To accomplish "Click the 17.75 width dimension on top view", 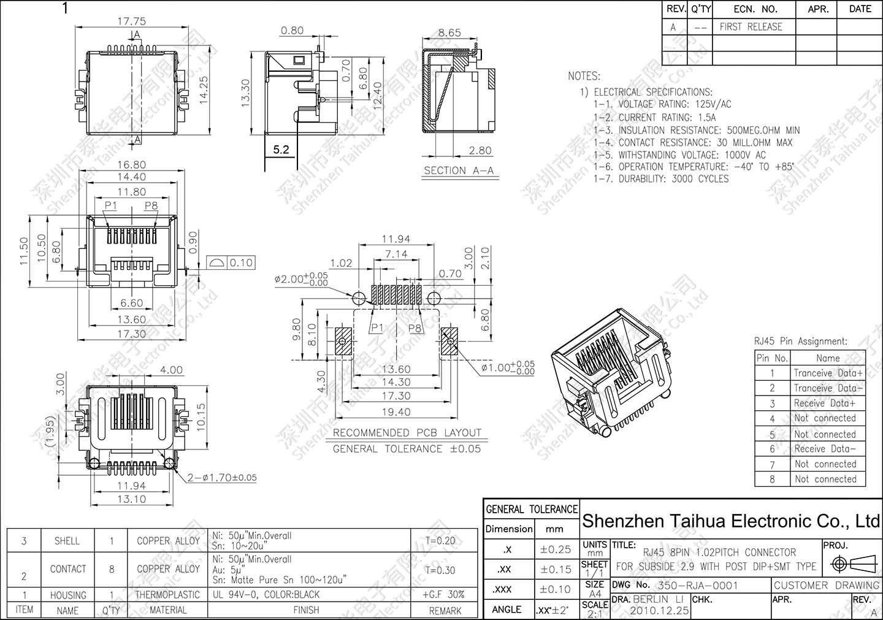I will (131, 21).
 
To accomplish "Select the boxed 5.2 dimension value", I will (281, 149).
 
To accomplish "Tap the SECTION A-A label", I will (459, 170).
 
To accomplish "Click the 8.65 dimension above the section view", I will (449, 33).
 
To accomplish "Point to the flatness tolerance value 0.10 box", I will (241, 263).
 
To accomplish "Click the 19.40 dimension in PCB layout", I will (396, 412).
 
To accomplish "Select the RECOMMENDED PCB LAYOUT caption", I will (407, 432).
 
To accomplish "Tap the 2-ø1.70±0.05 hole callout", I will (222, 478).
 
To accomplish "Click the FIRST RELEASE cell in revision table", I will (751, 27).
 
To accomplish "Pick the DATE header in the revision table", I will (860, 9).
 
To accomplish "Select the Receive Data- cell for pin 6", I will (825, 449).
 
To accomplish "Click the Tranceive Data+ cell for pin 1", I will (828, 373).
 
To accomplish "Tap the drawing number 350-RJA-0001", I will (697, 586).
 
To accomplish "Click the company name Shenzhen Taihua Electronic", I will (730, 521).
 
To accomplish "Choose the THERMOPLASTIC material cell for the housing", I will (167, 595).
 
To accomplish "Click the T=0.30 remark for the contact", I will (440, 570).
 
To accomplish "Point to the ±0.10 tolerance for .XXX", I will (555, 589).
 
